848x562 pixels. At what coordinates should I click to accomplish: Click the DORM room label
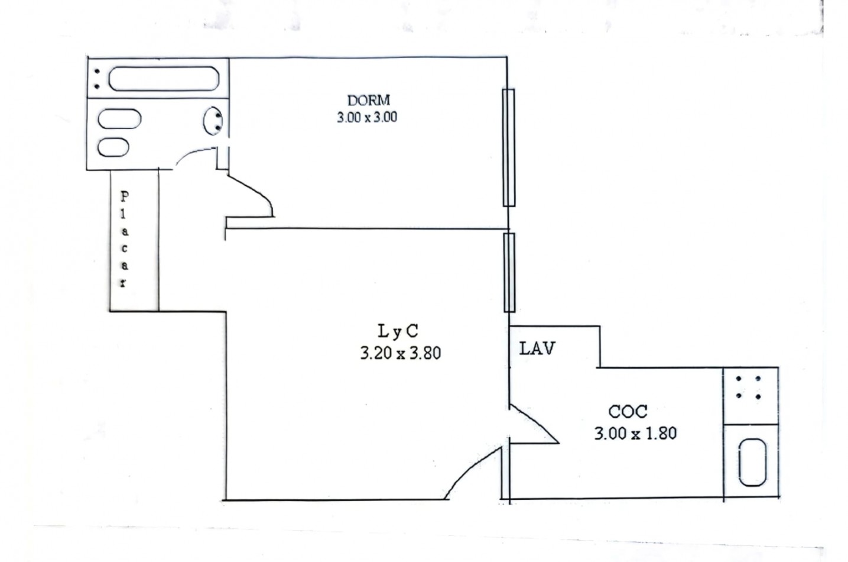pos(368,101)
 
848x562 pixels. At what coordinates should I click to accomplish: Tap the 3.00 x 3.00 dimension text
pos(367,118)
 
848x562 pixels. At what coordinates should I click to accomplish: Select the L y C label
pos(398,331)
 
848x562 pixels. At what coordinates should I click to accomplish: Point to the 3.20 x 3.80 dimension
pos(400,353)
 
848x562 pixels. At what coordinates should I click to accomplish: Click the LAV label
pos(537,348)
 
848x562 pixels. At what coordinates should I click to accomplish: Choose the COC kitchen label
pos(628,412)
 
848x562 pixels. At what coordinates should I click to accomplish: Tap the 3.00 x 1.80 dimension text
pos(635,433)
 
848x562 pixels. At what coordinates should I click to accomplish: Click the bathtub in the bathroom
pos(164,79)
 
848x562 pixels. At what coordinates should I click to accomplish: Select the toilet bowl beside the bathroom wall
pos(213,121)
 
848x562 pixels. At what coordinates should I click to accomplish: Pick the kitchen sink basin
pos(753,463)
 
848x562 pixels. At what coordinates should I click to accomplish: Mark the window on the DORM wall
pos(509,148)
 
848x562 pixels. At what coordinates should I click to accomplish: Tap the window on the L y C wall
pos(509,273)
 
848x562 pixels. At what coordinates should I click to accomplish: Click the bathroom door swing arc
pos(191,153)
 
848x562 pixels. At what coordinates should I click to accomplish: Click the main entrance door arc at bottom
pos(469,469)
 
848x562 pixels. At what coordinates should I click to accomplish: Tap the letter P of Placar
pos(124,196)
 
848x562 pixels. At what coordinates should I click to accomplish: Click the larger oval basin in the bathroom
pos(119,119)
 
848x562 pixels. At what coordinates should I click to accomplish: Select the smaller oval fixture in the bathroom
pos(113,147)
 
